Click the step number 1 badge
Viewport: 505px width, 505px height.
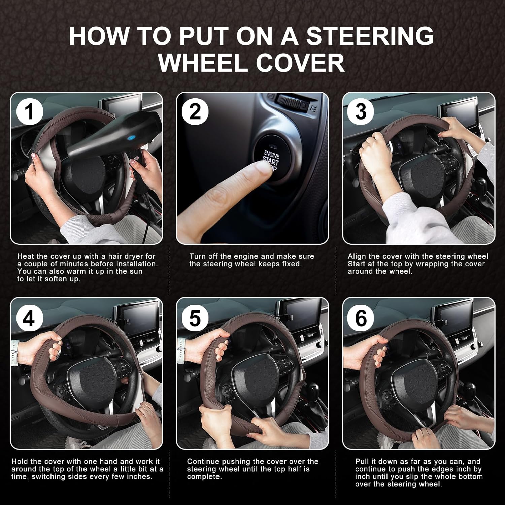30,111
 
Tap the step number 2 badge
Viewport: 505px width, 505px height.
195,111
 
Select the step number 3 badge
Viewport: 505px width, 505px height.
361,111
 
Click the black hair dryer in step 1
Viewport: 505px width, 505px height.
101,138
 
